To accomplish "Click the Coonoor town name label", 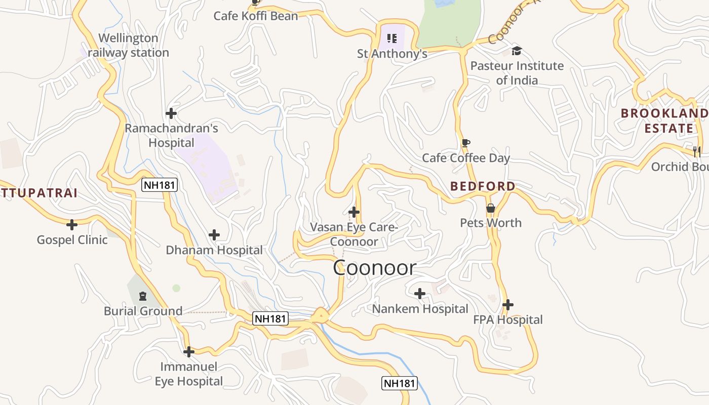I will pos(374,268).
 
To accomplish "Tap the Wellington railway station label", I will pos(129,46).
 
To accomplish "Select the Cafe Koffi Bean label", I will pos(256,16).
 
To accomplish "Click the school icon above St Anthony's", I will pos(391,38).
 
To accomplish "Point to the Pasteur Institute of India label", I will pos(517,73).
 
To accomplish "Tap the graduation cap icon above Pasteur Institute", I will pos(517,51).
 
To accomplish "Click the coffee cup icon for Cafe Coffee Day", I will pos(466,143).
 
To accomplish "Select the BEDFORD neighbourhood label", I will pos(483,186).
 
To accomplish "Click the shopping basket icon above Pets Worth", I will pos(490,208).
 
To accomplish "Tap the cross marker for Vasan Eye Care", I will pos(354,212).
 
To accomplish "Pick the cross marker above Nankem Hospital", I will pos(420,294).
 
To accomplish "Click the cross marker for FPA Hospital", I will pos(508,305).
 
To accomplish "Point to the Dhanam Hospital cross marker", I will pos(214,235).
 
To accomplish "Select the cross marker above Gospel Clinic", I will pos(72,224).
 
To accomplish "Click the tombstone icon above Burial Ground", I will pos(143,296).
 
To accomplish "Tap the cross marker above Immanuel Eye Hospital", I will pos(189,352).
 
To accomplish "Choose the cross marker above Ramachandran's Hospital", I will pos(171,113).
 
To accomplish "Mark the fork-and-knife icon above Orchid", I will pos(697,151).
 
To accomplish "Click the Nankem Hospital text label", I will pos(420,309).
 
